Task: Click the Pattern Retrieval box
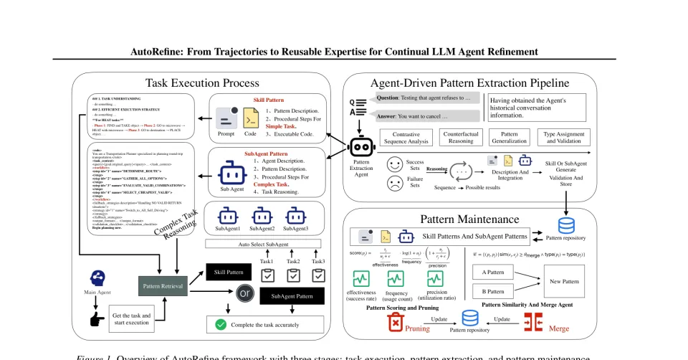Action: click(x=163, y=286)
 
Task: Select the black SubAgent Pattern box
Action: click(x=292, y=295)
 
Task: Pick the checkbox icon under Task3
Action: click(x=318, y=275)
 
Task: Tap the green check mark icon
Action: click(x=221, y=325)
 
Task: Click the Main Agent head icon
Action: click(x=101, y=278)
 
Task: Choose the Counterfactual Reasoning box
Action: click(x=462, y=138)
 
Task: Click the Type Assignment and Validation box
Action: click(x=565, y=138)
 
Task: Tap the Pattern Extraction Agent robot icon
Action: click(x=361, y=146)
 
